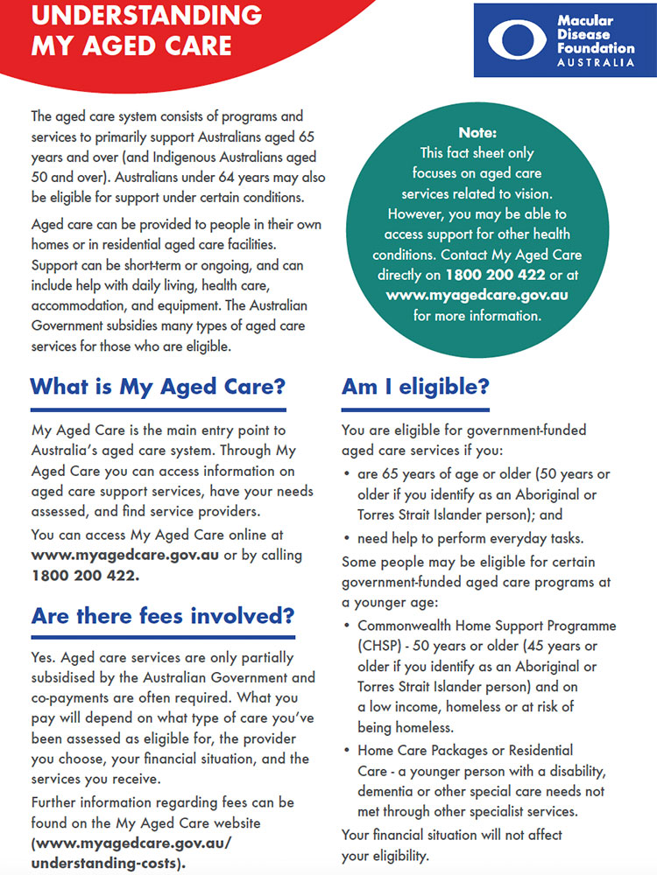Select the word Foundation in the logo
pyautogui.click(x=596, y=48)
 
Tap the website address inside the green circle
pyautogui.click(x=477, y=295)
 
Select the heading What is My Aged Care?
pyautogui.click(x=159, y=386)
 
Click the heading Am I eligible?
pyautogui.click(x=415, y=386)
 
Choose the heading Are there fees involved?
pyautogui.click(x=163, y=615)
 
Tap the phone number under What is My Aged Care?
pyautogui.click(x=85, y=576)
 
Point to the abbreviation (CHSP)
pyautogui.click(x=380, y=646)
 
